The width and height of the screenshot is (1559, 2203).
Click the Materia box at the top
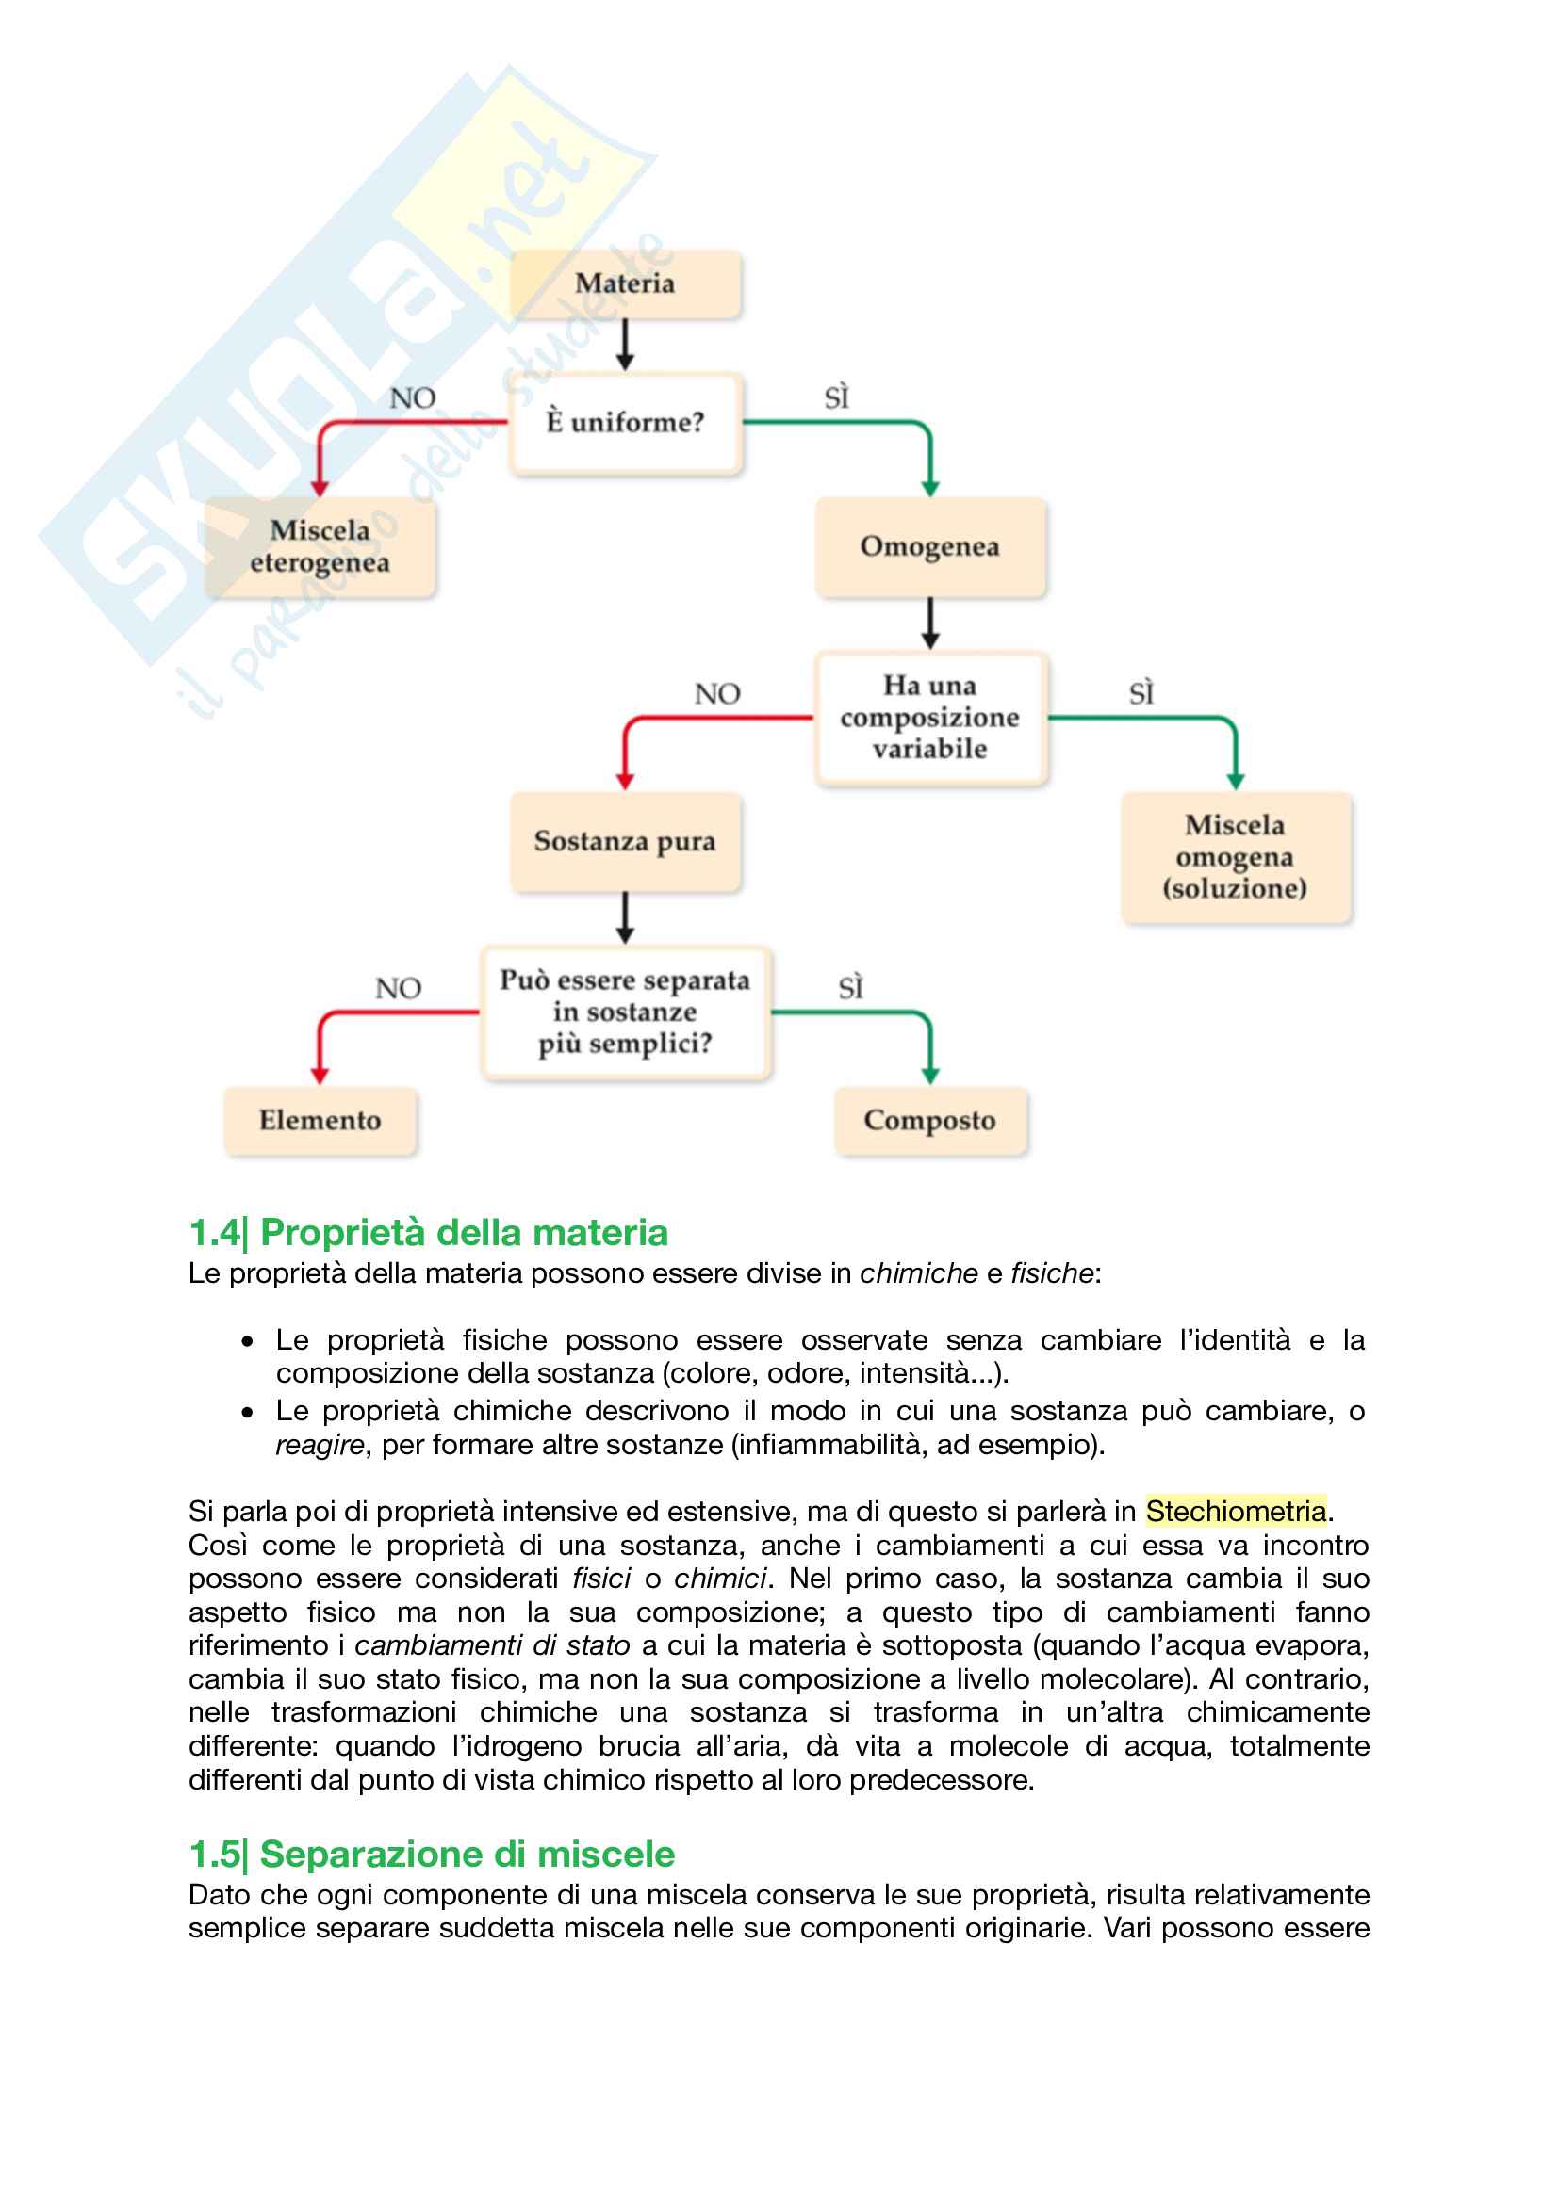pos(625,284)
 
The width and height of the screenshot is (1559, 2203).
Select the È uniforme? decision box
pos(625,423)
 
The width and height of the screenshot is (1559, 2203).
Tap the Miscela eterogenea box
pos(320,547)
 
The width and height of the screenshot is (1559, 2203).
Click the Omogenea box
pos(929,547)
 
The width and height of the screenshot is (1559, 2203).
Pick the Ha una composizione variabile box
pos(929,718)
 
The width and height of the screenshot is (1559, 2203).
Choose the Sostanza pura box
pos(625,841)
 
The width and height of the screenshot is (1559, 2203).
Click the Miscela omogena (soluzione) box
pos(1235,857)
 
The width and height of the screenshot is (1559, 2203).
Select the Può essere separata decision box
pos(625,1012)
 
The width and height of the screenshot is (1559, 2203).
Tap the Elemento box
pos(320,1121)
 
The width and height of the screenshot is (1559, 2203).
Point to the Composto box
pos(929,1121)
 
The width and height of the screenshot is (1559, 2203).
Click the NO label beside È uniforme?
pos(413,398)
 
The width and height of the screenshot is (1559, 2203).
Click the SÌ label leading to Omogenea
pos(837,398)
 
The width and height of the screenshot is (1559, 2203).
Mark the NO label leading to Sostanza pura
pos(717,694)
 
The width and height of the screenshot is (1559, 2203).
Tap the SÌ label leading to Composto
pos(851,988)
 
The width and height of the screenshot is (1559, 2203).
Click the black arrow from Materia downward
pos(625,345)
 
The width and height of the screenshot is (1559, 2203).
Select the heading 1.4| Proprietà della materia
pos(428,1233)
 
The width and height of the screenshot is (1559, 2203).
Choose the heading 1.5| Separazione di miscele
pos(432,1855)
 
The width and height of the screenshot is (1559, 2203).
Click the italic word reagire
pos(320,1445)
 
